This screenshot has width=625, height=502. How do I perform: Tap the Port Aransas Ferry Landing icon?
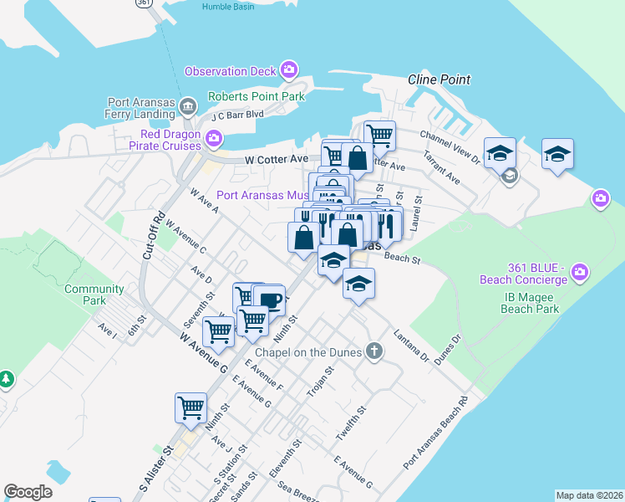[187, 107]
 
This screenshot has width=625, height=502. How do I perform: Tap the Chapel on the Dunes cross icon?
[375, 351]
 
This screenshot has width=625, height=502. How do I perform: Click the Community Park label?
[94, 295]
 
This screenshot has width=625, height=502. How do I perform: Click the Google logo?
[28, 492]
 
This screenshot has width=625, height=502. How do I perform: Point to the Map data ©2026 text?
[589, 495]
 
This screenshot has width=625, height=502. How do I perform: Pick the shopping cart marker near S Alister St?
[191, 408]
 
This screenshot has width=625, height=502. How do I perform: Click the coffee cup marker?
[269, 300]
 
